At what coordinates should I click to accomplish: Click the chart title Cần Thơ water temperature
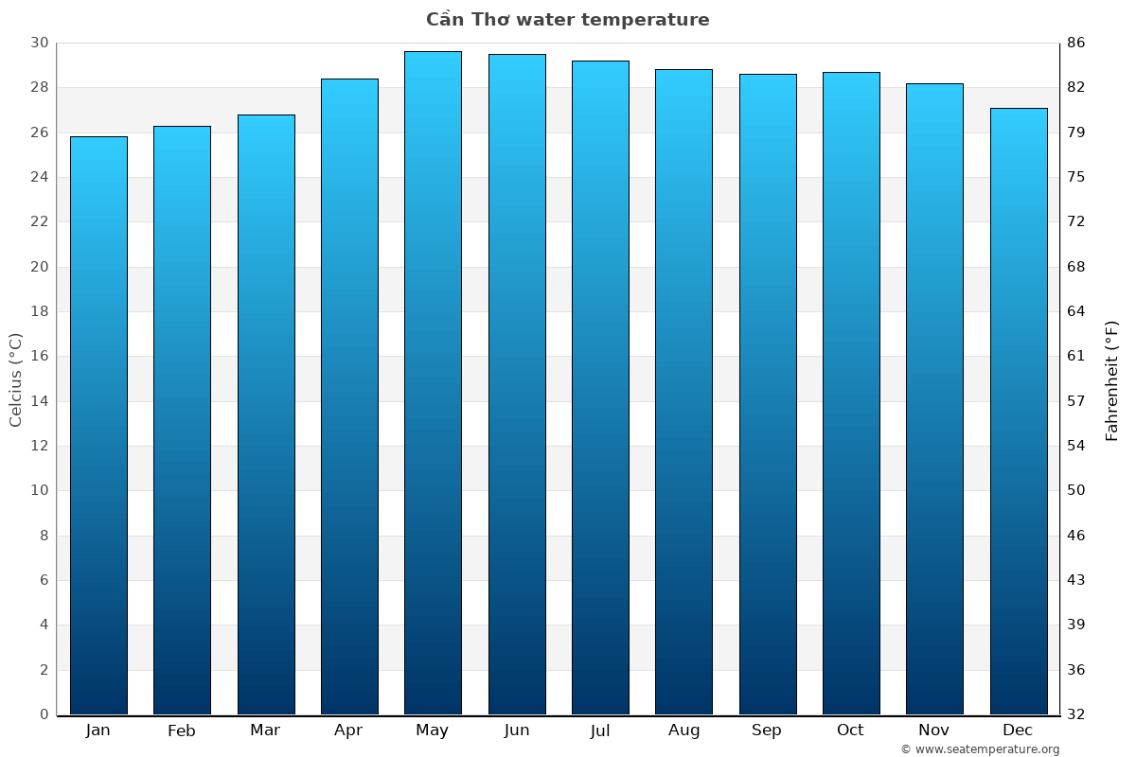[x=567, y=20]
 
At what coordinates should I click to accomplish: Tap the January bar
[x=98, y=426]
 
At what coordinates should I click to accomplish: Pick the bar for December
[x=1019, y=412]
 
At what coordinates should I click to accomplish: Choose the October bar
[x=851, y=394]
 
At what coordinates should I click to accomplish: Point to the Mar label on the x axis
[x=265, y=731]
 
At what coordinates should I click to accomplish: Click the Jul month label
[x=599, y=731]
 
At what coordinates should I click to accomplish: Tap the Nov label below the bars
[x=934, y=731]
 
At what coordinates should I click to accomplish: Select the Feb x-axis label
[x=181, y=731]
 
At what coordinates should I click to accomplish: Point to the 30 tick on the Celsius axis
[x=39, y=44]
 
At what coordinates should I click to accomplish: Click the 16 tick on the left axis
[x=39, y=357]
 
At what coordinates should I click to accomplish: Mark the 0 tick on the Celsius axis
[x=44, y=714]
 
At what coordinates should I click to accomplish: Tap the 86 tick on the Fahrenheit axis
[x=1076, y=44]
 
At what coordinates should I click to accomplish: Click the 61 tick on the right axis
[x=1076, y=357]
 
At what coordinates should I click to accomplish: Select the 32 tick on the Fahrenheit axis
[x=1076, y=714]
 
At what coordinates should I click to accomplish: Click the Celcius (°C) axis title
[x=15, y=379]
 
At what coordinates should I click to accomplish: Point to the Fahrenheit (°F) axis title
[x=1112, y=379]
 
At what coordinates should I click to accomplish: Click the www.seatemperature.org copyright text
[x=980, y=749]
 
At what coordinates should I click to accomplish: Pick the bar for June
[x=517, y=384]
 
